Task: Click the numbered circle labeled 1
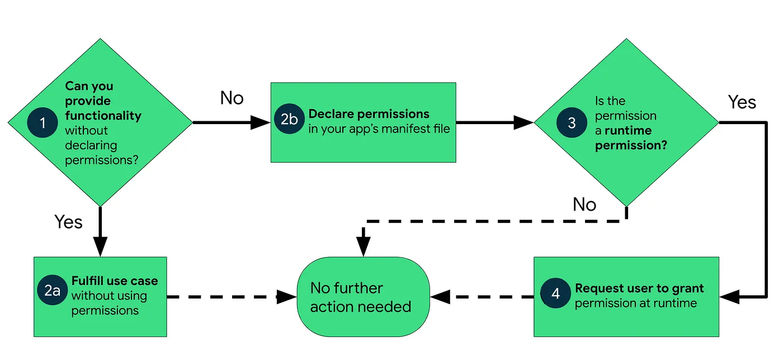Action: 43,122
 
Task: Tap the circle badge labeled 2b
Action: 290,119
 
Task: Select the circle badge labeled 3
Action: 572,122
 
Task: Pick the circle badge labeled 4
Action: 555,293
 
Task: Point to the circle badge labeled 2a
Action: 53,290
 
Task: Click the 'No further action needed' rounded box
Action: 363,297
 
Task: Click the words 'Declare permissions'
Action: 369,114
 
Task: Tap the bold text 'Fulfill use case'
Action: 115,281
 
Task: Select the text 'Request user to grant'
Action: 639,288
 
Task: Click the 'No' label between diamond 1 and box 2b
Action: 232,98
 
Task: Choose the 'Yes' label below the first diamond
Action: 68,221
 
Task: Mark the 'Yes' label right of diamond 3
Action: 742,102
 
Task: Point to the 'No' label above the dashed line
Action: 584,204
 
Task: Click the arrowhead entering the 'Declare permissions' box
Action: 261,122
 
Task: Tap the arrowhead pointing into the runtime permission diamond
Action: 523,122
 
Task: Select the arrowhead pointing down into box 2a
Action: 100,247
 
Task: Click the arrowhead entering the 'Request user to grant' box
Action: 729,297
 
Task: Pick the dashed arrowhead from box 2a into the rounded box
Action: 287,297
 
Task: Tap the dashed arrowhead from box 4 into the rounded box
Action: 440,297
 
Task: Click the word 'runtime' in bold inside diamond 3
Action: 628,130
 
